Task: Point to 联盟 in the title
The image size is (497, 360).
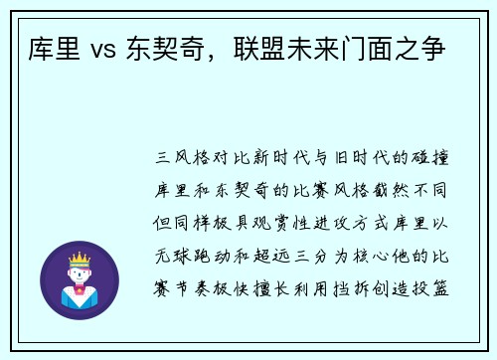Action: point(259,46)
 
